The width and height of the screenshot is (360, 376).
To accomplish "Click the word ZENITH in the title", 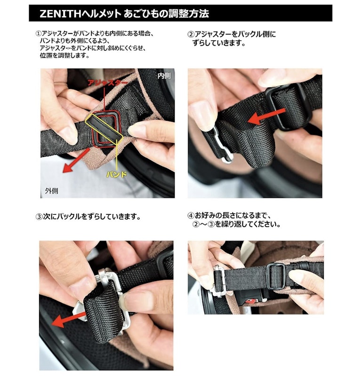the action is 60,14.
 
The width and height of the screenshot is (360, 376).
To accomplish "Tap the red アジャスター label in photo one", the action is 107,83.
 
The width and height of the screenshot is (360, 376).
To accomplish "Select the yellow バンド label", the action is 117,174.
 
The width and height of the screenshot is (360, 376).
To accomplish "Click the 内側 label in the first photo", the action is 164,76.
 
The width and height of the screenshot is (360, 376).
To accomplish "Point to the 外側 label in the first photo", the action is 51,191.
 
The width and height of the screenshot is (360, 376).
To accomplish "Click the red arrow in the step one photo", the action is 76,160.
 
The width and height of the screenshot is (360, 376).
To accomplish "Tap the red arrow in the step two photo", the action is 266,116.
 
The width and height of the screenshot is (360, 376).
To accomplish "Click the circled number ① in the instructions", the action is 39,33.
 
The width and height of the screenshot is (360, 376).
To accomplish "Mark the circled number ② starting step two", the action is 191,34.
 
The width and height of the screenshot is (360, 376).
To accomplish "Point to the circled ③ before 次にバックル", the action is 39,217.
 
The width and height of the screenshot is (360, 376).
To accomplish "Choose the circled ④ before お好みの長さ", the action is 191,215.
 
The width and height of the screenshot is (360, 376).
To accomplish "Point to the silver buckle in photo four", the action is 219,281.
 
